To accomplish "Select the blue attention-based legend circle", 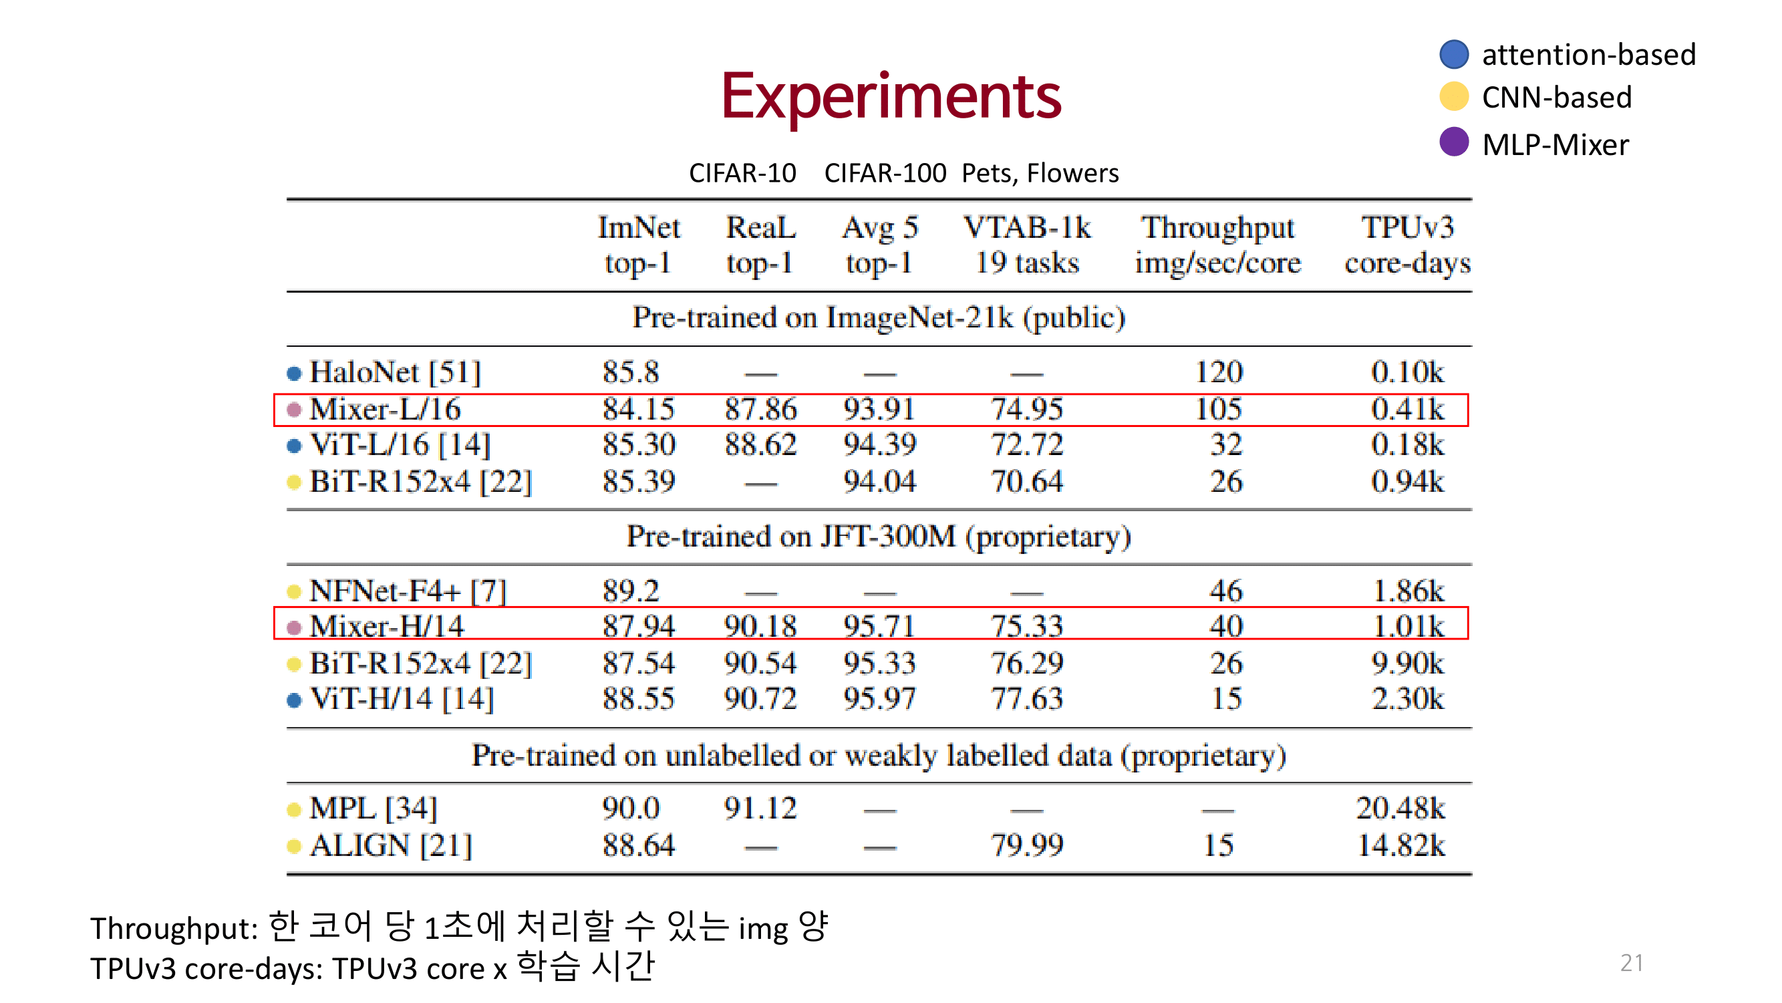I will tap(1453, 54).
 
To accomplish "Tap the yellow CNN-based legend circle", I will tap(1453, 97).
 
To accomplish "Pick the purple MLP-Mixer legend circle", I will tap(1453, 142).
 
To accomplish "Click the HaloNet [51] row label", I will tap(394, 373).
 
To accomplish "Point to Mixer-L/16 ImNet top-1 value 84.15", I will tap(638, 410).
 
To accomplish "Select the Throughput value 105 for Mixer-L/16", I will tap(1218, 410).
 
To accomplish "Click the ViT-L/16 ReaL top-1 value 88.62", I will tap(760, 445).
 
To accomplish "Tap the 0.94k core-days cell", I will tap(1407, 481).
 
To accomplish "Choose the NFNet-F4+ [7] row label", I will tap(408, 591).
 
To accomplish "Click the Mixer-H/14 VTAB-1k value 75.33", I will tap(1026, 627).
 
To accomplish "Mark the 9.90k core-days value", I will tap(1407, 664).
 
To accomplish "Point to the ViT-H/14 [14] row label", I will tap(401, 699).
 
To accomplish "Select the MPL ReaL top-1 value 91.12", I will tap(760, 808).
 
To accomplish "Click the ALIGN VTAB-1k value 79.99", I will tap(1026, 845).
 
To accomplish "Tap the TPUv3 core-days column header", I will tap(1407, 245).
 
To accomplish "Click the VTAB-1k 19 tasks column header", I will tap(1026, 245).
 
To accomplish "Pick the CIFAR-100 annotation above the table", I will tap(885, 173).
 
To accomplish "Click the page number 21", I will tap(1631, 962).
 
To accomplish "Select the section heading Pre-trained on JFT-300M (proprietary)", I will tap(879, 537).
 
